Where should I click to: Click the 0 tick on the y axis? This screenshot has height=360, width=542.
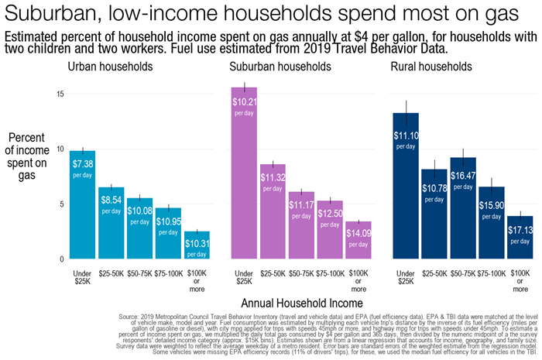62,259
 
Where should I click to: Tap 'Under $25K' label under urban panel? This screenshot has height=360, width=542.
82,277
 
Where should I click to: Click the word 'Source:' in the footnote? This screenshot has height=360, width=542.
135,316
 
